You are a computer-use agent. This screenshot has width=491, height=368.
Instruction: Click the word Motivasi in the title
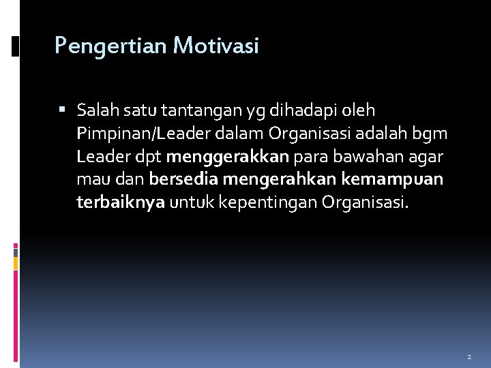tap(216, 46)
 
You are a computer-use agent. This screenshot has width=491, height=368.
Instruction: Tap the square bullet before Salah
tap(63, 110)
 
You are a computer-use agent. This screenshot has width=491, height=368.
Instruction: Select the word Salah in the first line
tap(98, 110)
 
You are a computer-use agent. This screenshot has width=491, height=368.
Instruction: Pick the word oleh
tap(359, 110)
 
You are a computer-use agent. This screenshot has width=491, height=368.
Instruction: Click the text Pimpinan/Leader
tap(141, 134)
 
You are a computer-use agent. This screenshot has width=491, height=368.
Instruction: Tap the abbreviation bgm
tap(431, 134)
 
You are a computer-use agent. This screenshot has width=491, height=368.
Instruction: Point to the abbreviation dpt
tap(147, 157)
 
